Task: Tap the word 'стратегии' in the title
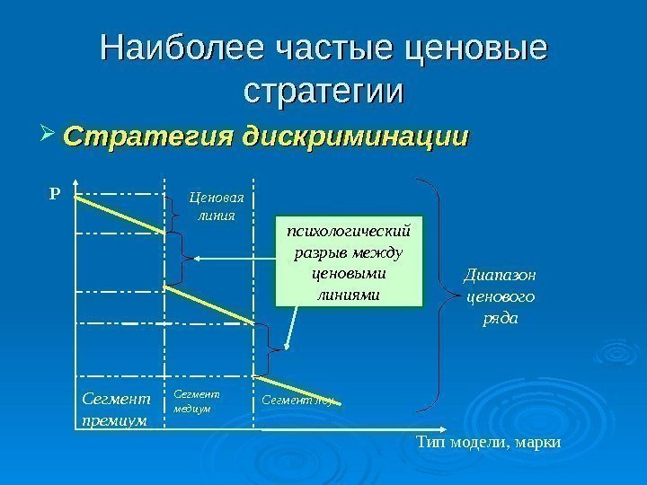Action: tap(323, 92)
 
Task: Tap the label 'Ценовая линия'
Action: tap(216, 207)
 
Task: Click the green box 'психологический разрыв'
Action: tap(348, 260)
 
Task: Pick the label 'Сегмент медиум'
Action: tap(195, 400)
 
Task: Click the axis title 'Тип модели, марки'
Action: tap(489, 442)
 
